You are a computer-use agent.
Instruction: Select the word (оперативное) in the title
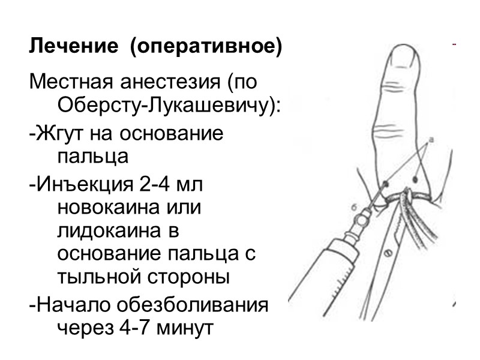tap(206, 47)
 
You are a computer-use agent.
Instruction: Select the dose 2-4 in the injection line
tap(155, 185)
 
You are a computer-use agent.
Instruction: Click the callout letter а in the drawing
tap(431, 139)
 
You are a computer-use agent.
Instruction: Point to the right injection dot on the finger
tap(416, 179)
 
